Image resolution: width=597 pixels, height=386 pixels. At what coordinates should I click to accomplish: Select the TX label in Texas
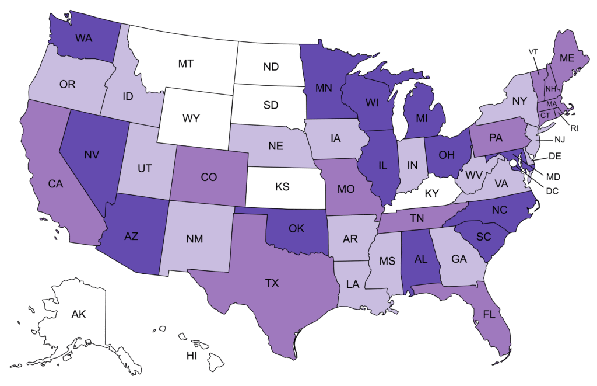coord(272,283)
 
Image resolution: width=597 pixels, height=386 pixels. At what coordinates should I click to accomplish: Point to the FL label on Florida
coord(490,314)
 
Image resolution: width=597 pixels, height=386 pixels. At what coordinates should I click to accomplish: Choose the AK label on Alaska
coord(79,314)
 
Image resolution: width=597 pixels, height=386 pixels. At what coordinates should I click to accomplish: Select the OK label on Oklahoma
coord(296,228)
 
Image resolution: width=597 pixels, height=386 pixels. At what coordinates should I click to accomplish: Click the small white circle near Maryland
coord(513,155)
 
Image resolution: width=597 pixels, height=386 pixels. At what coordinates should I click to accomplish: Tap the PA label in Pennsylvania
coord(496,138)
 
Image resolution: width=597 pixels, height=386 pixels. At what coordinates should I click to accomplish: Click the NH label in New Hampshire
coord(549,89)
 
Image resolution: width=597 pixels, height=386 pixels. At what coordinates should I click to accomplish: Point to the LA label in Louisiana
coord(352,285)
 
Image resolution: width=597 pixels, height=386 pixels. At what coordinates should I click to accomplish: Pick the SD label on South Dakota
coord(271,105)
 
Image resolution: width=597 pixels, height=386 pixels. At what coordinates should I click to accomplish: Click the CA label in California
coord(55,185)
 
